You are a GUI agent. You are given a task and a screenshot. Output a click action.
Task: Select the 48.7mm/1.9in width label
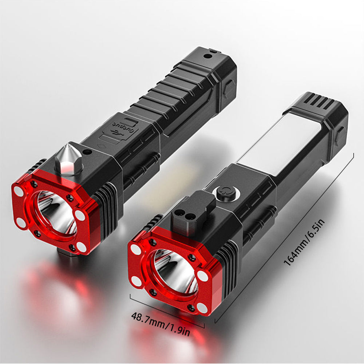coord(161,324)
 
